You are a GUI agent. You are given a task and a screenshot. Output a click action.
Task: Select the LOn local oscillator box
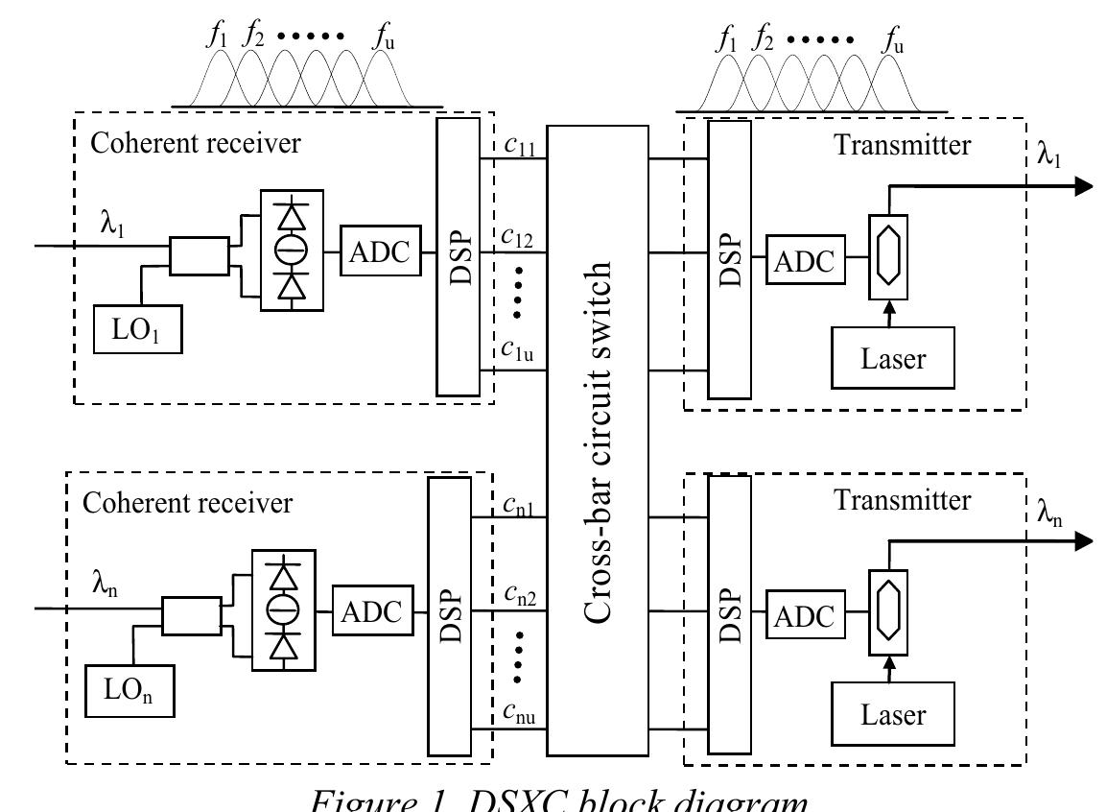point(129,688)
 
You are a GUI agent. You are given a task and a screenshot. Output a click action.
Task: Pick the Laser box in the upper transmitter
point(892,359)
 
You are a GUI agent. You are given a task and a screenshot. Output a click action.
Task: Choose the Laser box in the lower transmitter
point(892,715)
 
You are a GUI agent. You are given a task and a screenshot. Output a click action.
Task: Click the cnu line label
point(519,715)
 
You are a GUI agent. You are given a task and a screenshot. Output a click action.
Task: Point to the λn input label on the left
point(106,585)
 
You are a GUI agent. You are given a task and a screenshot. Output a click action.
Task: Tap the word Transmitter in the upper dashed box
point(902,145)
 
